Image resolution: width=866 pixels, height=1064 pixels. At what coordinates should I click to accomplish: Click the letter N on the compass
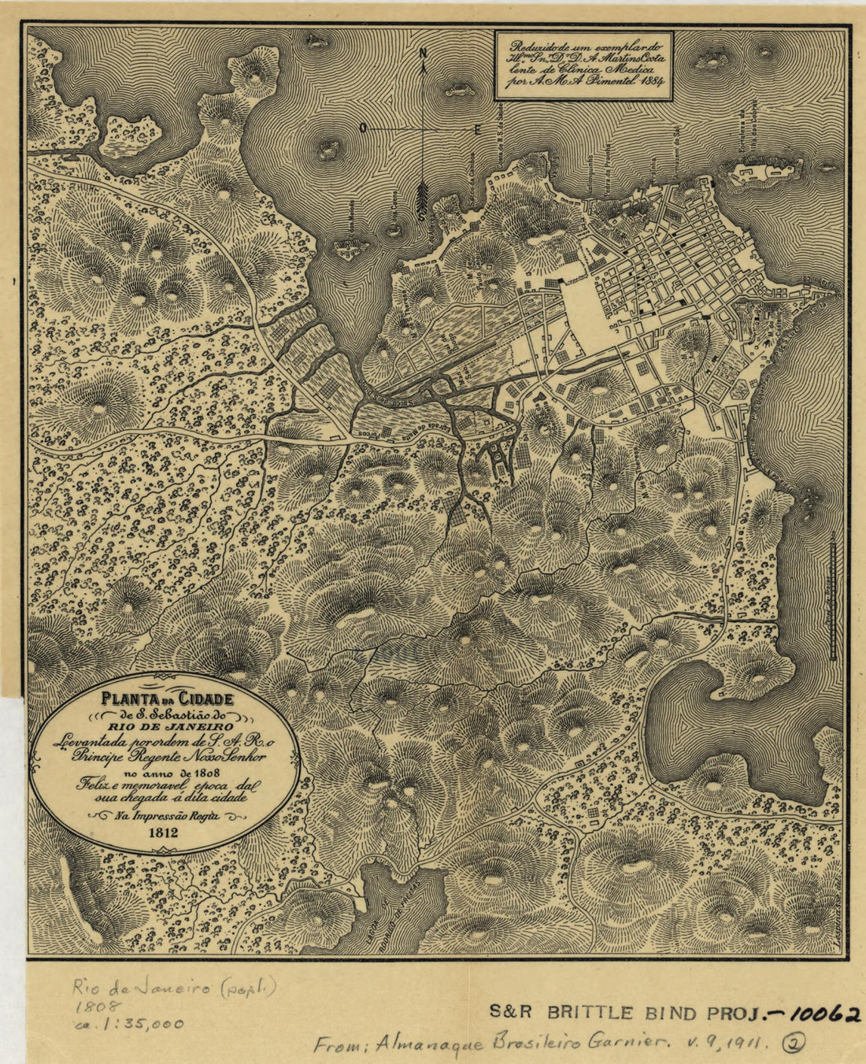[424, 54]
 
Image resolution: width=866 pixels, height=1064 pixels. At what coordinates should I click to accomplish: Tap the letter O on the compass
[363, 127]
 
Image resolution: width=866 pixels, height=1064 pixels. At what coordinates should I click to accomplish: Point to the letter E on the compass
[477, 128]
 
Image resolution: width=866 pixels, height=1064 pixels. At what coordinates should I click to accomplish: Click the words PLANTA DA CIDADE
[166, 698]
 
